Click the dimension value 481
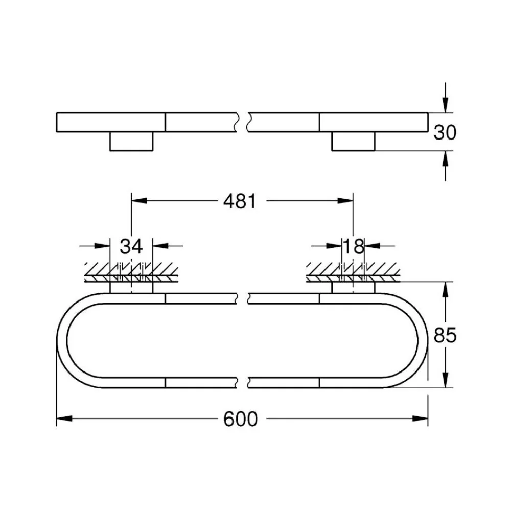pyautogui.click(x=240, y=201)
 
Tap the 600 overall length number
pyautogui.click(x=241, y=419)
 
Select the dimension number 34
pyautogui.click(x=131, y=246)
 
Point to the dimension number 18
pyautogui.click(x=354, y=246)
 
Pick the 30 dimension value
pyautogui.click(x=445, y=132)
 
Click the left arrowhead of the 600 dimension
pyautogui.click(x=64, y=419)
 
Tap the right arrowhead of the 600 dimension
pyautogui.click(x=420, y=419)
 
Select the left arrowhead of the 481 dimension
pyautogui.click(x=139, y=201)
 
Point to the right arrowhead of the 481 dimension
pyautogui.click(x=345, y=201)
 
